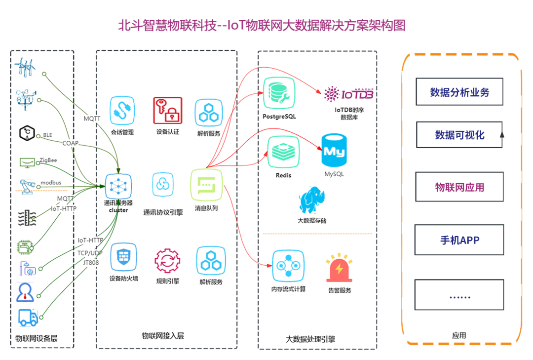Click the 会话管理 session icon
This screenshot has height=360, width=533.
pyautogui.click(x=121, y=112)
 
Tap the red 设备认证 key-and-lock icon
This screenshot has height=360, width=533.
pyautogui.click(x=167, y=111)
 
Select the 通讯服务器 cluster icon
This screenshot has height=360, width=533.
pyautogui.click(x=118, y=186)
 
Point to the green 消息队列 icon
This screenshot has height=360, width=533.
pyautogui.click(x=206, y=186)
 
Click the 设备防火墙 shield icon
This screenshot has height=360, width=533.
pyautogui.click(x=123, y=258)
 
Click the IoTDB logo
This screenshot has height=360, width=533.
pyautogui.click(x=348, y=93)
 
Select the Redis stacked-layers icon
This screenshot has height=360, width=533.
pyautogui.click(x=283, y=152)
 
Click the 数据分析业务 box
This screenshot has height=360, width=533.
pyautogui.click(x=459, y=92)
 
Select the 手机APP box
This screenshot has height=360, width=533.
pyautogui.click(x=459, y=240)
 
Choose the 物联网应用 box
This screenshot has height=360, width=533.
pyautogui.click(x=459, y=187)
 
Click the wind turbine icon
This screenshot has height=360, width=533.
pyautogui.click(x=25, y=67)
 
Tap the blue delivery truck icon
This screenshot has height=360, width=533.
pyautogui.click(x=28, y=317)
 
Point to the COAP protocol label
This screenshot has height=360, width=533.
pyautogui.click(x=71, y=143)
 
